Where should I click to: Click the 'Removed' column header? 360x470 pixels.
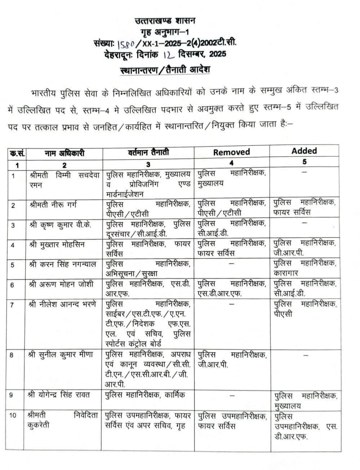click(x=231, y=152)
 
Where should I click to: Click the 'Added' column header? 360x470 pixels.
click(x=304, y=151)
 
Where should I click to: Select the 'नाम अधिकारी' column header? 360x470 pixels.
click(x=65, y=153)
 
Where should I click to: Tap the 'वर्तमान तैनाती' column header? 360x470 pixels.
click(x=148, y=152)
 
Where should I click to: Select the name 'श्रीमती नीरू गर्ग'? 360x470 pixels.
click(x=54, y=205)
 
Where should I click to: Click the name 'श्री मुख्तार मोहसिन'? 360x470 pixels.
click(x=57, y=244)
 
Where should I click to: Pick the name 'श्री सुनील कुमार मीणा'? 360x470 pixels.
click(x=61, y=355)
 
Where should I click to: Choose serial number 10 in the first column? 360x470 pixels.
click(x=13, y=416)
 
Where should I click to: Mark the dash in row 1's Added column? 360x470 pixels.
click(x=304, y=172)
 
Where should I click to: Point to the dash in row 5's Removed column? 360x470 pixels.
click(x=231, y=263)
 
